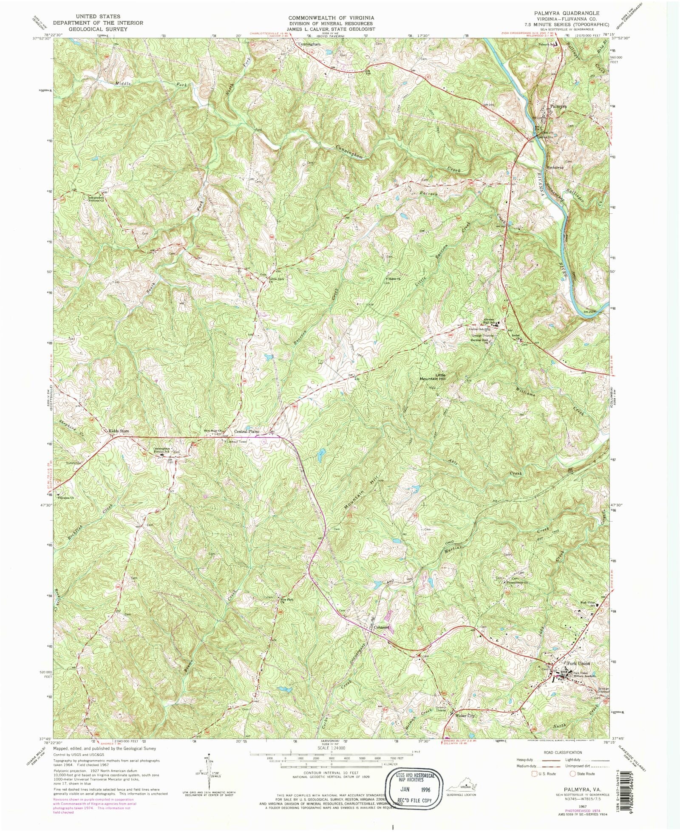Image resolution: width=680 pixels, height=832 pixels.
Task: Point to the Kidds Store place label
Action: (119, 431)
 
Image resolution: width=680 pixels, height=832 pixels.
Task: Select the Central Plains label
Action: (246, 432)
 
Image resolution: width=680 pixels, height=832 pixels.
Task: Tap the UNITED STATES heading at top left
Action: (97, 17)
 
